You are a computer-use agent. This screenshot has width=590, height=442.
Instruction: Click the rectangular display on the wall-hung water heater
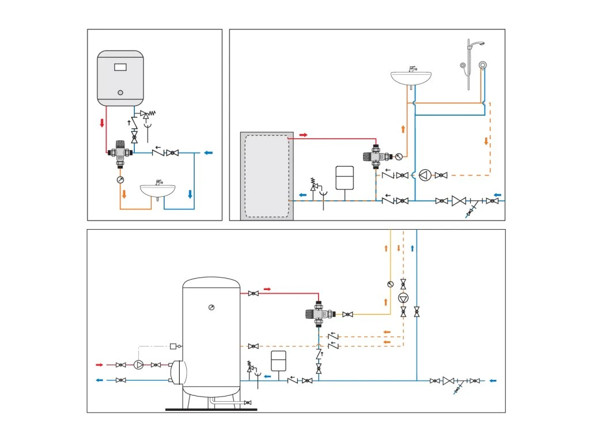click(x=120, y=67)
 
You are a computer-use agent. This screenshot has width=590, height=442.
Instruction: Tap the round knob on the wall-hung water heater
click(x=120, y=92)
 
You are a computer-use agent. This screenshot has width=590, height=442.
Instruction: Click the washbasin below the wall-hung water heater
click(x=158, y=190)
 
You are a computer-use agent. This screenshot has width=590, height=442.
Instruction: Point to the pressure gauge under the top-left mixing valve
click(x=120, y=180)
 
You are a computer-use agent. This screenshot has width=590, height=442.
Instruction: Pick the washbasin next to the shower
click(x=411, y=78)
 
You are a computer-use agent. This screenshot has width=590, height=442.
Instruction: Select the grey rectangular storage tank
click(x=267, y=176)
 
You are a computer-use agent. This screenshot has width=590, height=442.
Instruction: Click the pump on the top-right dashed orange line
click(x=425, y=174)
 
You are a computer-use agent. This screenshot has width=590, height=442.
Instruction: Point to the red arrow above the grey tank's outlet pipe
click(x=304, y=135)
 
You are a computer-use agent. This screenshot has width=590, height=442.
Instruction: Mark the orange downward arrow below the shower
click(x=486, y=141)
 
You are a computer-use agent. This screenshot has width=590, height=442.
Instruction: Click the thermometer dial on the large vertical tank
click(x=211, y=307)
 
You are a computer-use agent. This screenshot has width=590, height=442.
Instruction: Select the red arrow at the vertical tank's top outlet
click(x=267, y=288)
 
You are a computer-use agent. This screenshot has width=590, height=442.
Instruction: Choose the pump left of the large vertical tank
click(x=138, y=365)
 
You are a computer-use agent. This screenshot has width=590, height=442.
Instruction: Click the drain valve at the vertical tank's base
click(x=247, y=403)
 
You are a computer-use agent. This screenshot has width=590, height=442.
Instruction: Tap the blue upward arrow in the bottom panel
click(x=413, y=249)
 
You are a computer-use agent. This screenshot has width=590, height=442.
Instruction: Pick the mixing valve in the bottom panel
click(x=318, y=314)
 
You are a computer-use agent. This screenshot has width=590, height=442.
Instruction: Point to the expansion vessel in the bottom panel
click(x=279, y=360)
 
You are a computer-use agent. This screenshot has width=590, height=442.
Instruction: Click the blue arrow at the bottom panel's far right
click(x=493, y=380)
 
